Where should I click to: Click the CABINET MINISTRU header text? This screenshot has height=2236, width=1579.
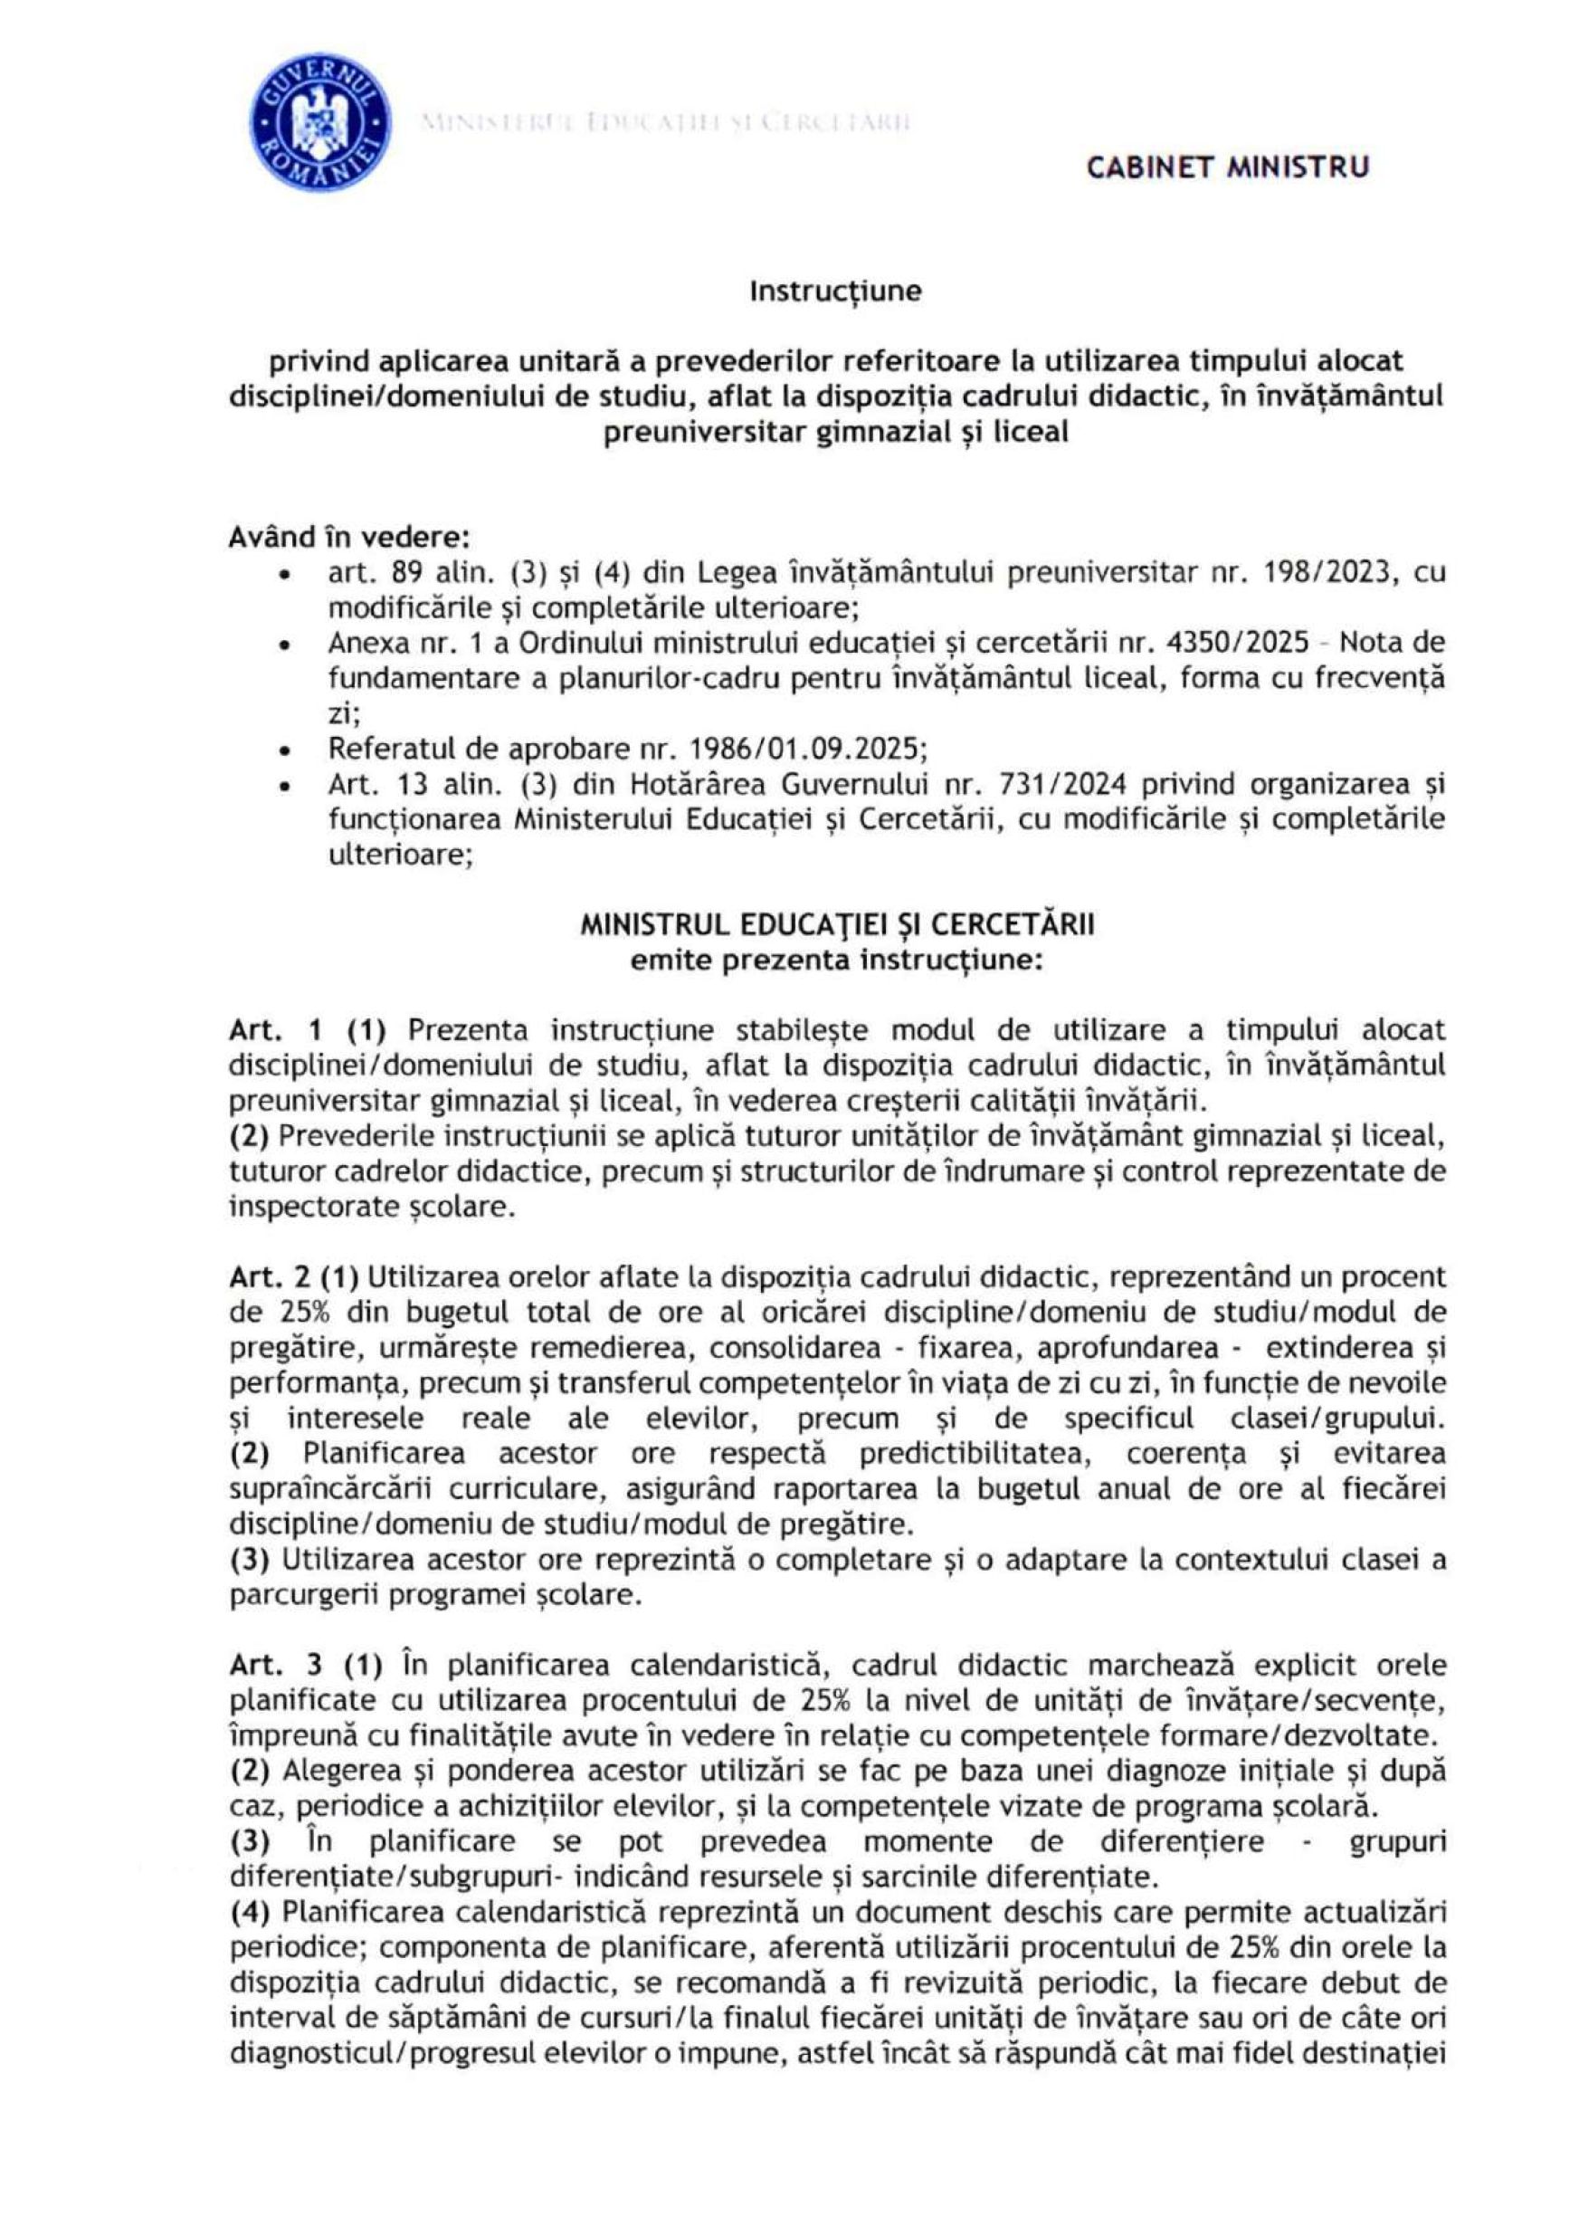point(1228,167)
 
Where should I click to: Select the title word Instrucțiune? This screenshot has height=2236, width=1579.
point(835,291)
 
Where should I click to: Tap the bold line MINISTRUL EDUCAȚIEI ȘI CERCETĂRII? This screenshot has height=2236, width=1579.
point(836,924)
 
